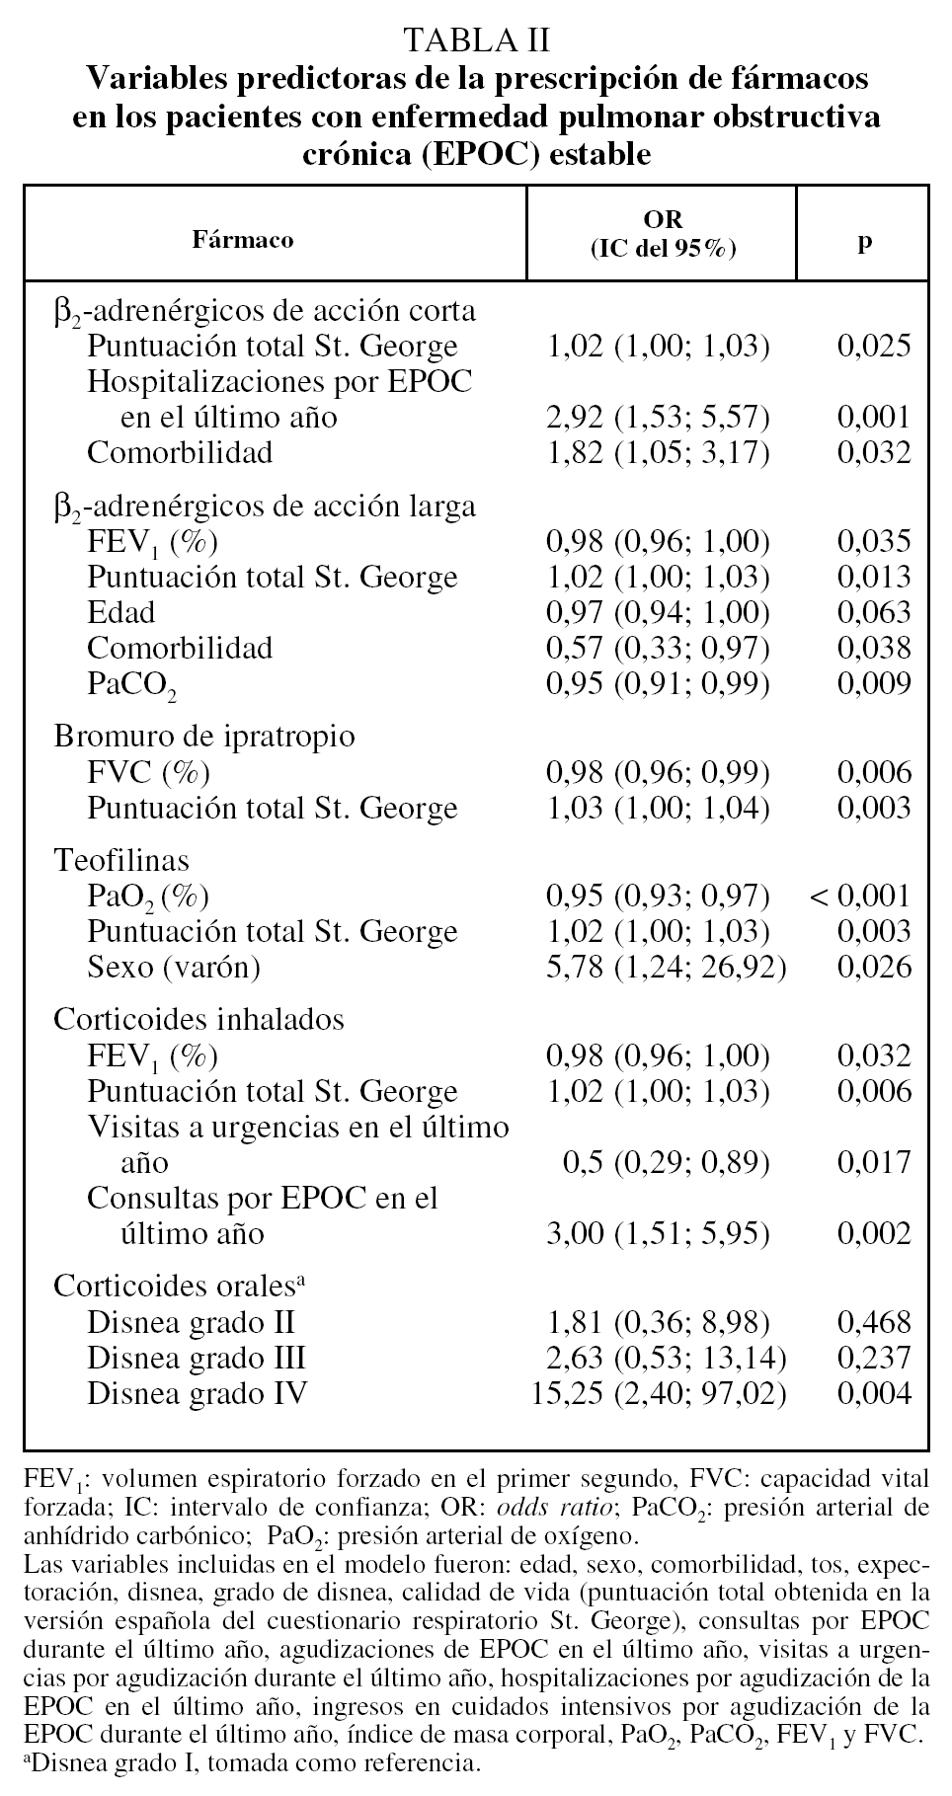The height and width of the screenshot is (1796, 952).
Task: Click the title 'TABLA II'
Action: click(476, 39)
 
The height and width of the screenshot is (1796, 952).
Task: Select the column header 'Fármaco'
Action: click(242, 240)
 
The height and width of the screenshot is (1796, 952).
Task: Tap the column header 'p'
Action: click(865, 240)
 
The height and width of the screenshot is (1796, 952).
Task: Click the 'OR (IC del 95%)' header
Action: click(663, 233)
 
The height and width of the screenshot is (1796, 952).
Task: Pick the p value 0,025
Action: click(874, 346)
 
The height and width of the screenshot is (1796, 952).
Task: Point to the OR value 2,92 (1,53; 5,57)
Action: click(658, 417)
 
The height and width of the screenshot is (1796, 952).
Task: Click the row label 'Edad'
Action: click(120, 612)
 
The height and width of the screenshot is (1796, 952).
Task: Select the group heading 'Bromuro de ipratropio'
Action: click(204, 737)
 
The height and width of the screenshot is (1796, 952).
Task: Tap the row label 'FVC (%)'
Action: click(148, 772)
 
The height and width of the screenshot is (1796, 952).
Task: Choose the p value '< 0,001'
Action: click(859, 896)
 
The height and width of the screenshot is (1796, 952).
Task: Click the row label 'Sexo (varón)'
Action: click(174, 967)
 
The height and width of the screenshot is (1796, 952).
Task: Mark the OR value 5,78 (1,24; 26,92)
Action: click(667, 967)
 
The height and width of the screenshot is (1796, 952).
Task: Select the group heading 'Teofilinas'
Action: click(121, 860)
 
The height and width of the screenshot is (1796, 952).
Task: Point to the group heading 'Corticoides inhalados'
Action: click(198, 1019)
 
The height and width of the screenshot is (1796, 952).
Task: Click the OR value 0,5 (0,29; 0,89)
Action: click(666, 1162)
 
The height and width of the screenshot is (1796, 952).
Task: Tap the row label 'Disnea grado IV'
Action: click(197, 1393)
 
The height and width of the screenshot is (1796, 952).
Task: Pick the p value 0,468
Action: click(874, 1322)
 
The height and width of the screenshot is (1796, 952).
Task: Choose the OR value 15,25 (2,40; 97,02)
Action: click(660, 1393)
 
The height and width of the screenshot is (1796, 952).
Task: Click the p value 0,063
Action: click(874, 612)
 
